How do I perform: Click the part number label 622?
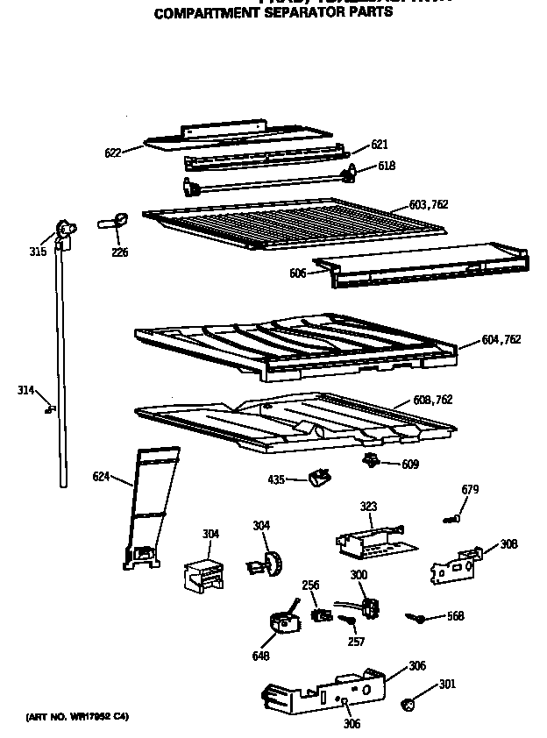coord(112,153)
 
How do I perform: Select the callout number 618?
coord(387,166)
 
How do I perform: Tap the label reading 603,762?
coord(429,205)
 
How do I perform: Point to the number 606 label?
coord(297,273)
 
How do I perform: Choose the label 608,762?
coord(433,400)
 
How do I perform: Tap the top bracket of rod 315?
coord(64,230)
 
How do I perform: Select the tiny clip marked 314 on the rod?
coord(52,407)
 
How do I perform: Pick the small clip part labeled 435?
coord(317,476)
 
